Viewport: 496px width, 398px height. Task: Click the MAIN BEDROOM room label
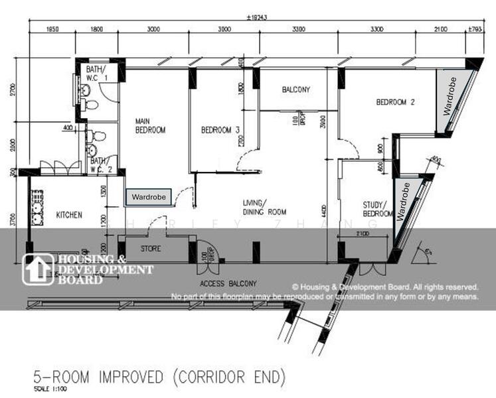click(149, 125)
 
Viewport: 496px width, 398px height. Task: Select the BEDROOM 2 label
click(395, 102)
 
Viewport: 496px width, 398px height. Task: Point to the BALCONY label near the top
click(295, 90)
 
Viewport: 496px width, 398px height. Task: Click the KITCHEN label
click(69, 215)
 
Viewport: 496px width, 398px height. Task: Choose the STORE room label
click(151, 249)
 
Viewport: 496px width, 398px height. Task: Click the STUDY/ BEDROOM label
click(378, 210)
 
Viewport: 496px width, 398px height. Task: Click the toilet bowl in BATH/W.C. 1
click(91, 105)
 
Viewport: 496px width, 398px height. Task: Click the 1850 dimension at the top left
click(53, 29)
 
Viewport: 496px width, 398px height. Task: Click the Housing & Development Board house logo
click(37, 269)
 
